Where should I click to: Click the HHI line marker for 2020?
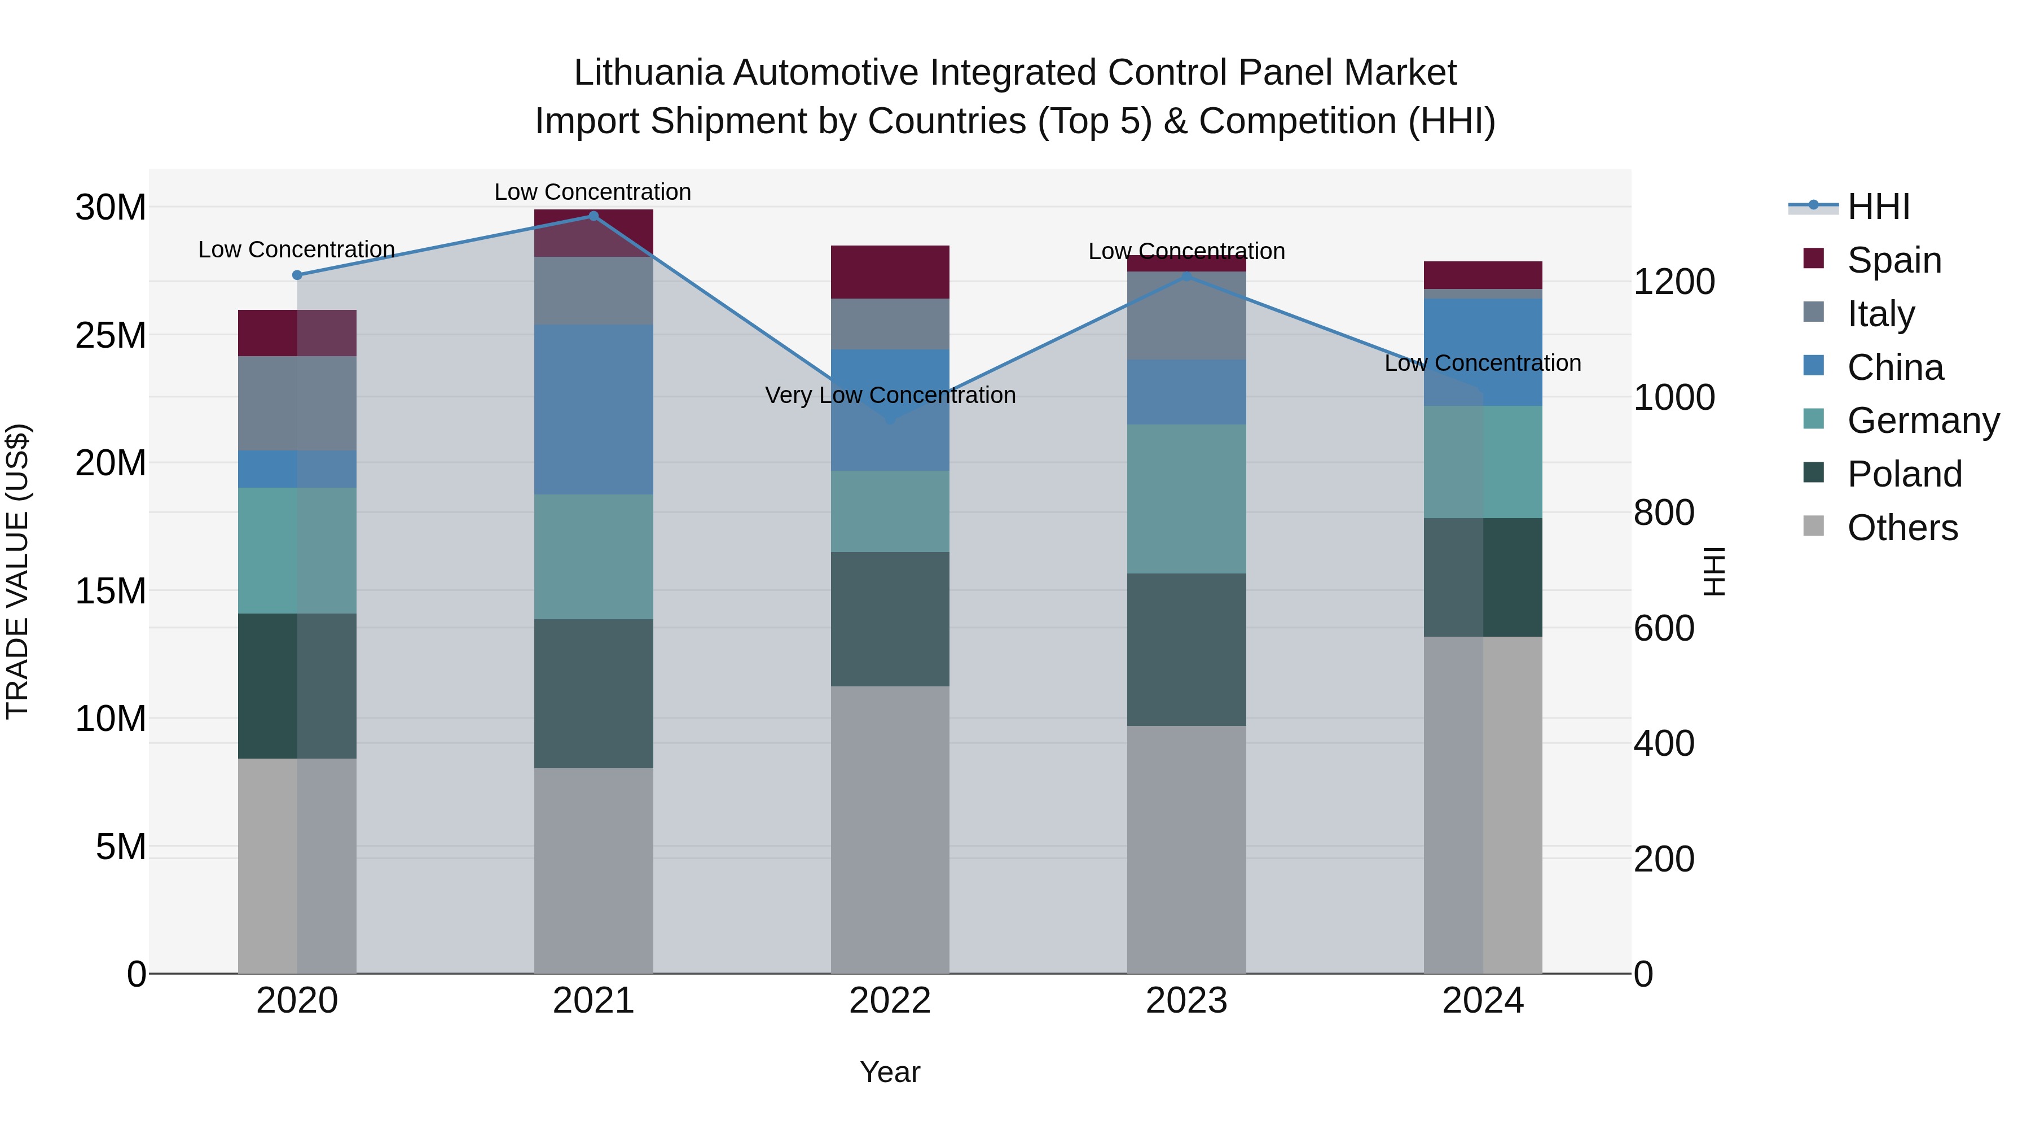[297, 275]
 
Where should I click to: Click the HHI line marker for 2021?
[594, 216]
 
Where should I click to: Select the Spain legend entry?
[1894, 260]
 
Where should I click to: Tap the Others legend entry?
[1902, 528]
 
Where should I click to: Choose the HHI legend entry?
[1878, 207]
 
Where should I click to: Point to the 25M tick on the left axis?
[111, 335]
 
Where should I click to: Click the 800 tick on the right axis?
[1664, 513]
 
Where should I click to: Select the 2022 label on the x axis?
[890, 1001]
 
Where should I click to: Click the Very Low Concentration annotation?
[890, 395]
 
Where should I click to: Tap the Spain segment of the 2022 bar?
[890, 272]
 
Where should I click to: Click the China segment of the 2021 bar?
[594, 409]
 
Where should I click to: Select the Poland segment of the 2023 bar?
[1186, 649]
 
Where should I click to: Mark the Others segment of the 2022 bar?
[890, 829]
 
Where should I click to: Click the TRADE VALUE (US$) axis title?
[17, 571]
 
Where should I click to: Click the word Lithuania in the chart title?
[648, 73]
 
